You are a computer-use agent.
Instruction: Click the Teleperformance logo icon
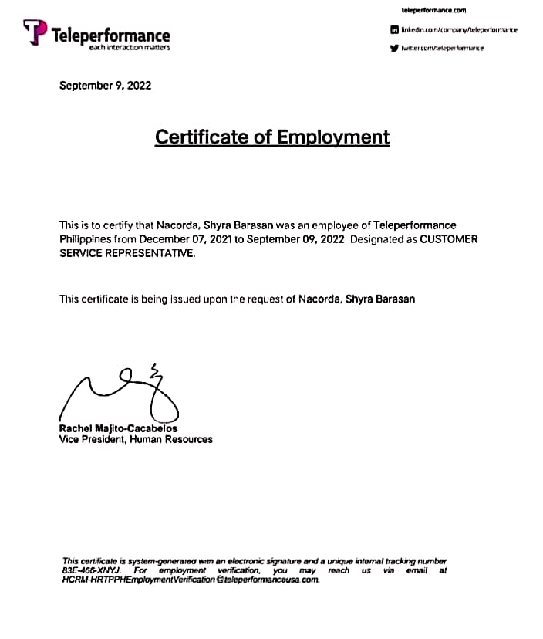click(x=35, y=32)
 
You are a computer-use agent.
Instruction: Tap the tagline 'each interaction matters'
click(x=129, y=48)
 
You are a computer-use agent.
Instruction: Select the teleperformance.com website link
click(x=434, y=10)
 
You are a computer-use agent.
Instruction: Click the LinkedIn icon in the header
click(x=394, y=29)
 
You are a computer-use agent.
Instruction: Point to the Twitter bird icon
click(x=394, y=48)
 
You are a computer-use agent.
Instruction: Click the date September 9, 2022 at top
click(x=105, y=85)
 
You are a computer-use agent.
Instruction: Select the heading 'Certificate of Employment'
click(x=272, y=137)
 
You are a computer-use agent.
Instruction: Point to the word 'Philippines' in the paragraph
click(x=87, y=239)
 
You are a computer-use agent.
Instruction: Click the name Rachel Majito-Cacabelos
click(x=118, y=428)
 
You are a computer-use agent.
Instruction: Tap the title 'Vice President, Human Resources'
click(x=136, y=440)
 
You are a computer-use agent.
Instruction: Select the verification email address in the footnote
click(x=191, y=580)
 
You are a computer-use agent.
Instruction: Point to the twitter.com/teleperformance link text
click(x=442, y=48)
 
